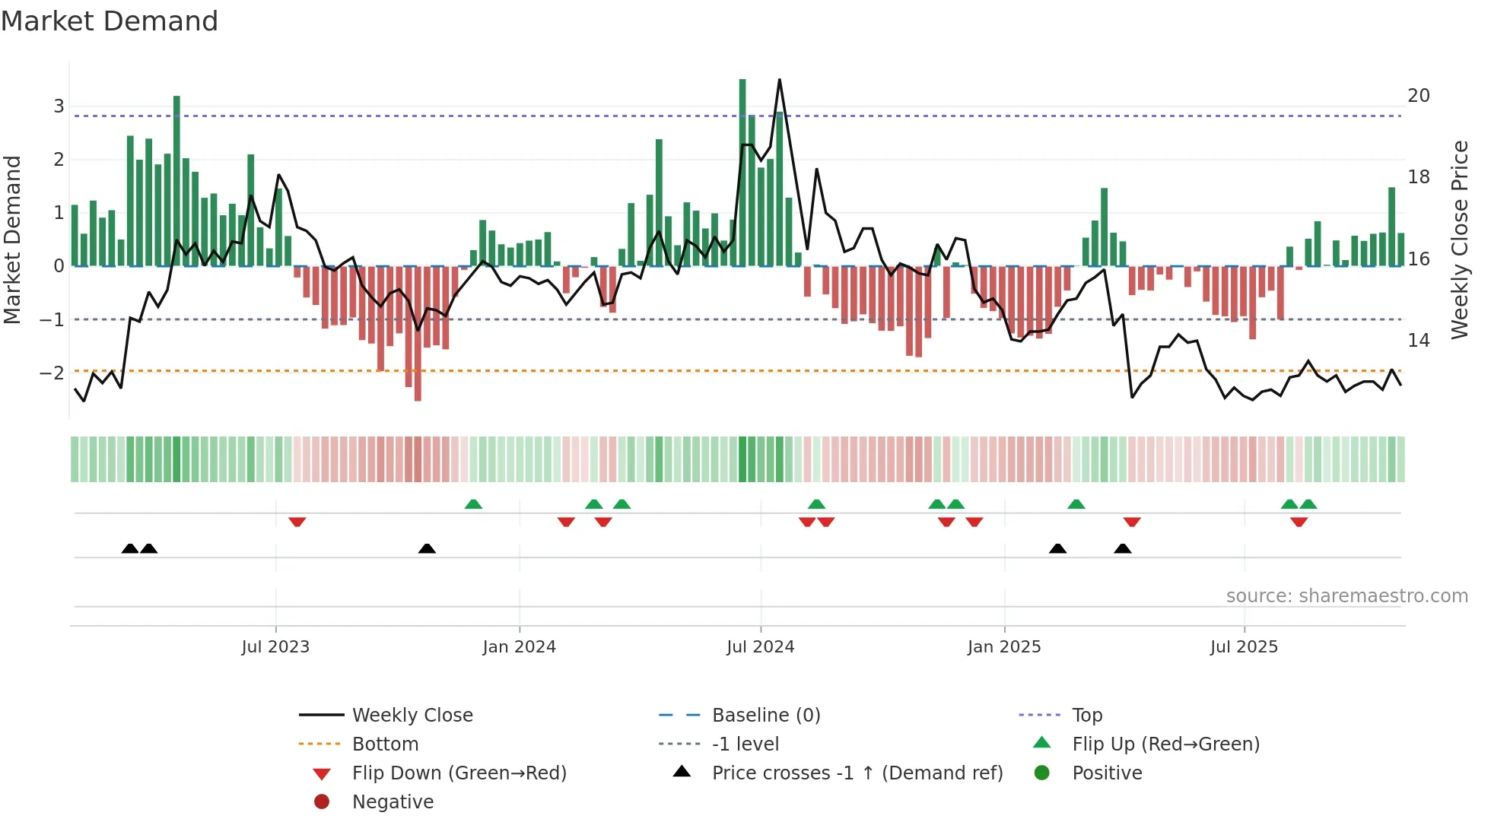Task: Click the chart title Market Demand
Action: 110,21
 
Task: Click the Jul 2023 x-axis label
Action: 275,647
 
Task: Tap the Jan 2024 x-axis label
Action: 519,647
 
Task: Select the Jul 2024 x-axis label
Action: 760,647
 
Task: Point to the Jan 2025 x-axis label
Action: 1004,647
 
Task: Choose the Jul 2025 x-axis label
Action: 1244,647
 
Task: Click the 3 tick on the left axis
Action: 59,106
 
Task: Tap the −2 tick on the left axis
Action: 52,373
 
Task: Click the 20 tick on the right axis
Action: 1418,96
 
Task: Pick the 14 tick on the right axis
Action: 1418,341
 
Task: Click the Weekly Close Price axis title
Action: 1459,240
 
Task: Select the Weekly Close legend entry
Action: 412,716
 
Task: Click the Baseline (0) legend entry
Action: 765,716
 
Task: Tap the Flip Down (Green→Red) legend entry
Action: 459,773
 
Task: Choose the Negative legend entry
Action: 393,802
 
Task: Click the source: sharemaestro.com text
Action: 1346,596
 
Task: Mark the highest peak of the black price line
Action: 780,81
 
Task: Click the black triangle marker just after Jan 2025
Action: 1057,548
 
